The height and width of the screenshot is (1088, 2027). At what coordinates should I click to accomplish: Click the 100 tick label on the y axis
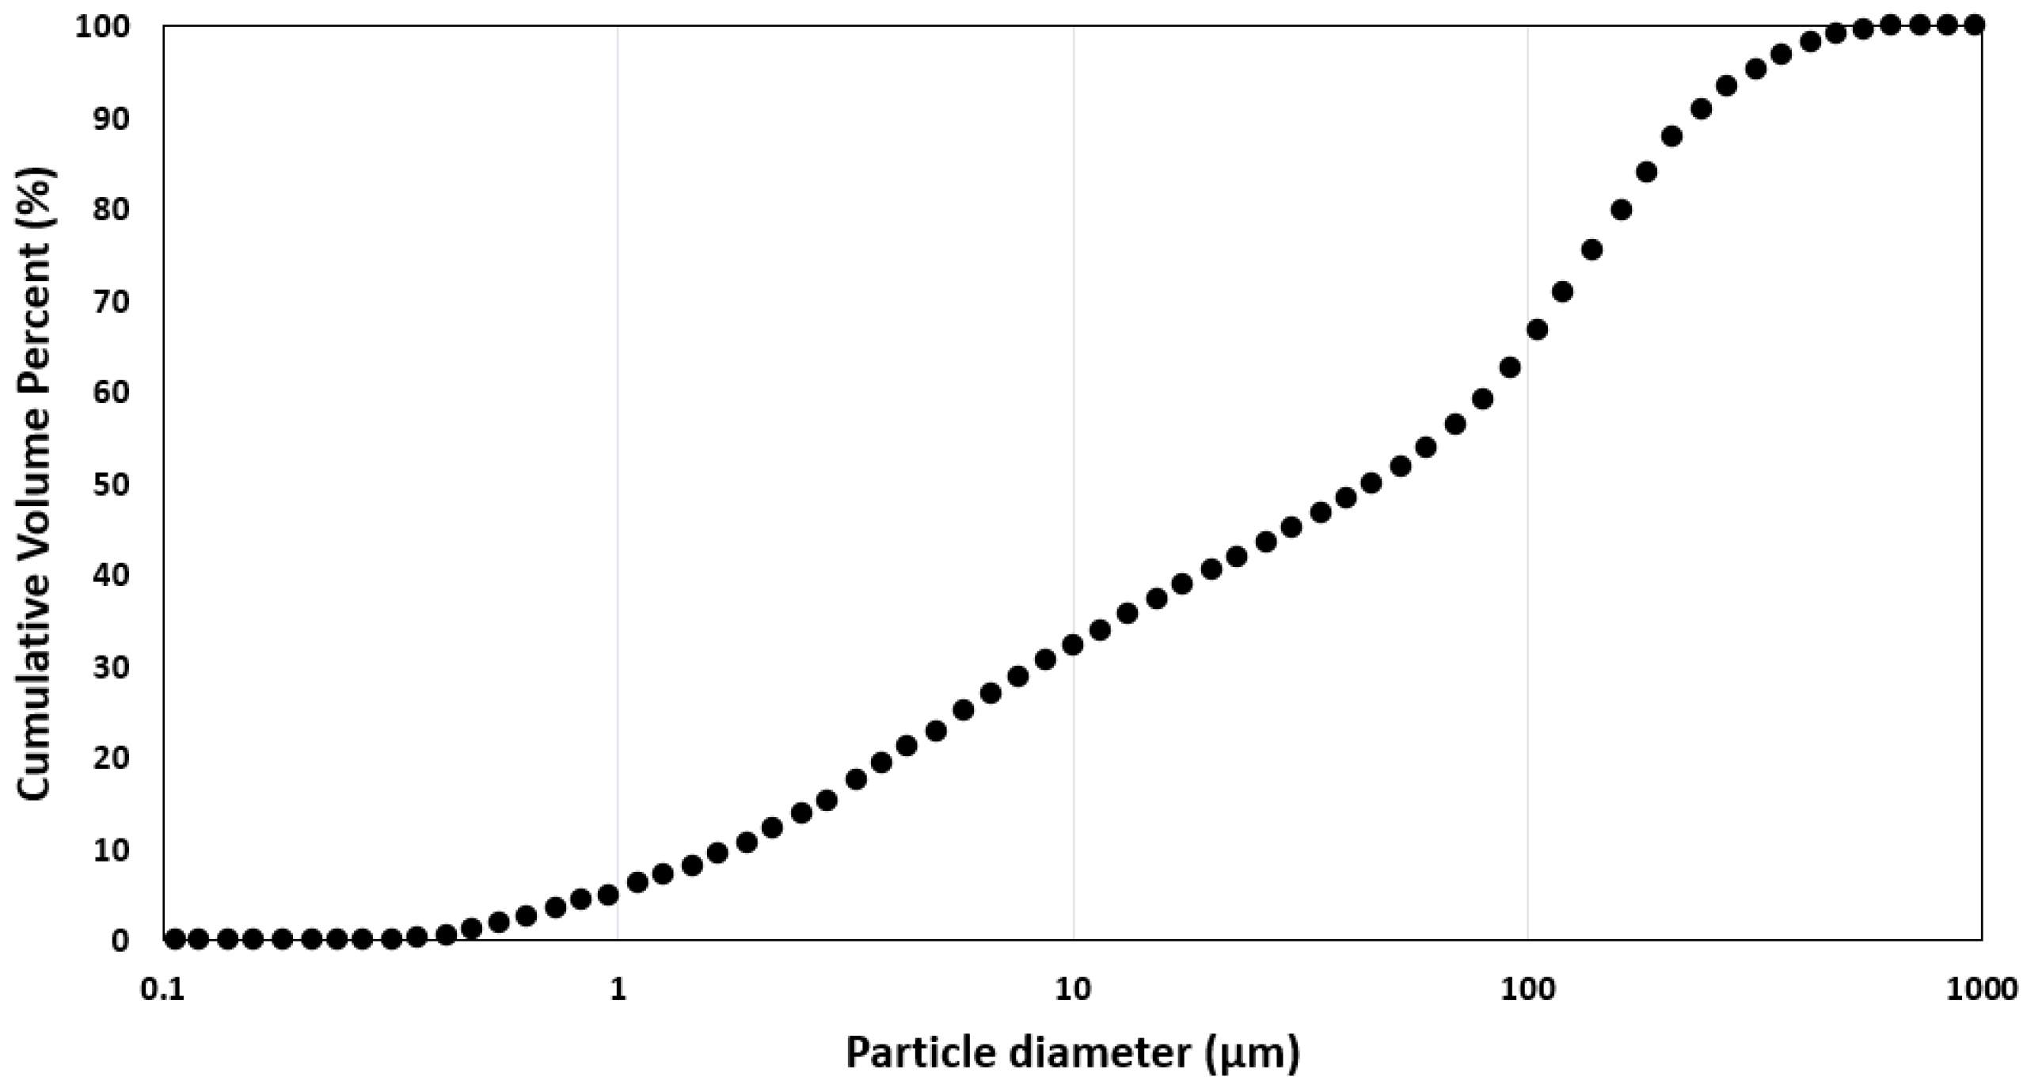(101, 27)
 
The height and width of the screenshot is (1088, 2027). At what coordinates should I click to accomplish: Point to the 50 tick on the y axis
(112, 484)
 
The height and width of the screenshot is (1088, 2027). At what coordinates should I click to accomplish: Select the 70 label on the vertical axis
(112, 301)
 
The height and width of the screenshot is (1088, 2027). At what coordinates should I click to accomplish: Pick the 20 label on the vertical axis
(112, 758)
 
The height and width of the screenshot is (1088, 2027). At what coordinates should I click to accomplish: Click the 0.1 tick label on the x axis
(163, 990)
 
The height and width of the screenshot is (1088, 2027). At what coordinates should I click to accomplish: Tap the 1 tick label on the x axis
(618, 990)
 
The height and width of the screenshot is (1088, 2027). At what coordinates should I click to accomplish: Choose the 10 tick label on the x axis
(1073, 990)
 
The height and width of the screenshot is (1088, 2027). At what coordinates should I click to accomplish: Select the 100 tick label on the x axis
(1527, 990)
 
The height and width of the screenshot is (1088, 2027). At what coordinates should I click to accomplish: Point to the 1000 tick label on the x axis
(1982, 990)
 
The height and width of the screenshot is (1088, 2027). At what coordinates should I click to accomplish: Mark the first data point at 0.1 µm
(175, 939)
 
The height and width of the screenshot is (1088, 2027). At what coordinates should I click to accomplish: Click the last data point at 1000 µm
(1975, 25)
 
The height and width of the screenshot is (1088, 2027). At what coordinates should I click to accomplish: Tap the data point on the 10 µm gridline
(1073, 645)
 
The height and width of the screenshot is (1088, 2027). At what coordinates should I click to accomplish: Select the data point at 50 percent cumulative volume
(1371, 483)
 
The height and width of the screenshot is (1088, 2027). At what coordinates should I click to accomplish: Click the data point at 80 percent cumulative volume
(1621, 210)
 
